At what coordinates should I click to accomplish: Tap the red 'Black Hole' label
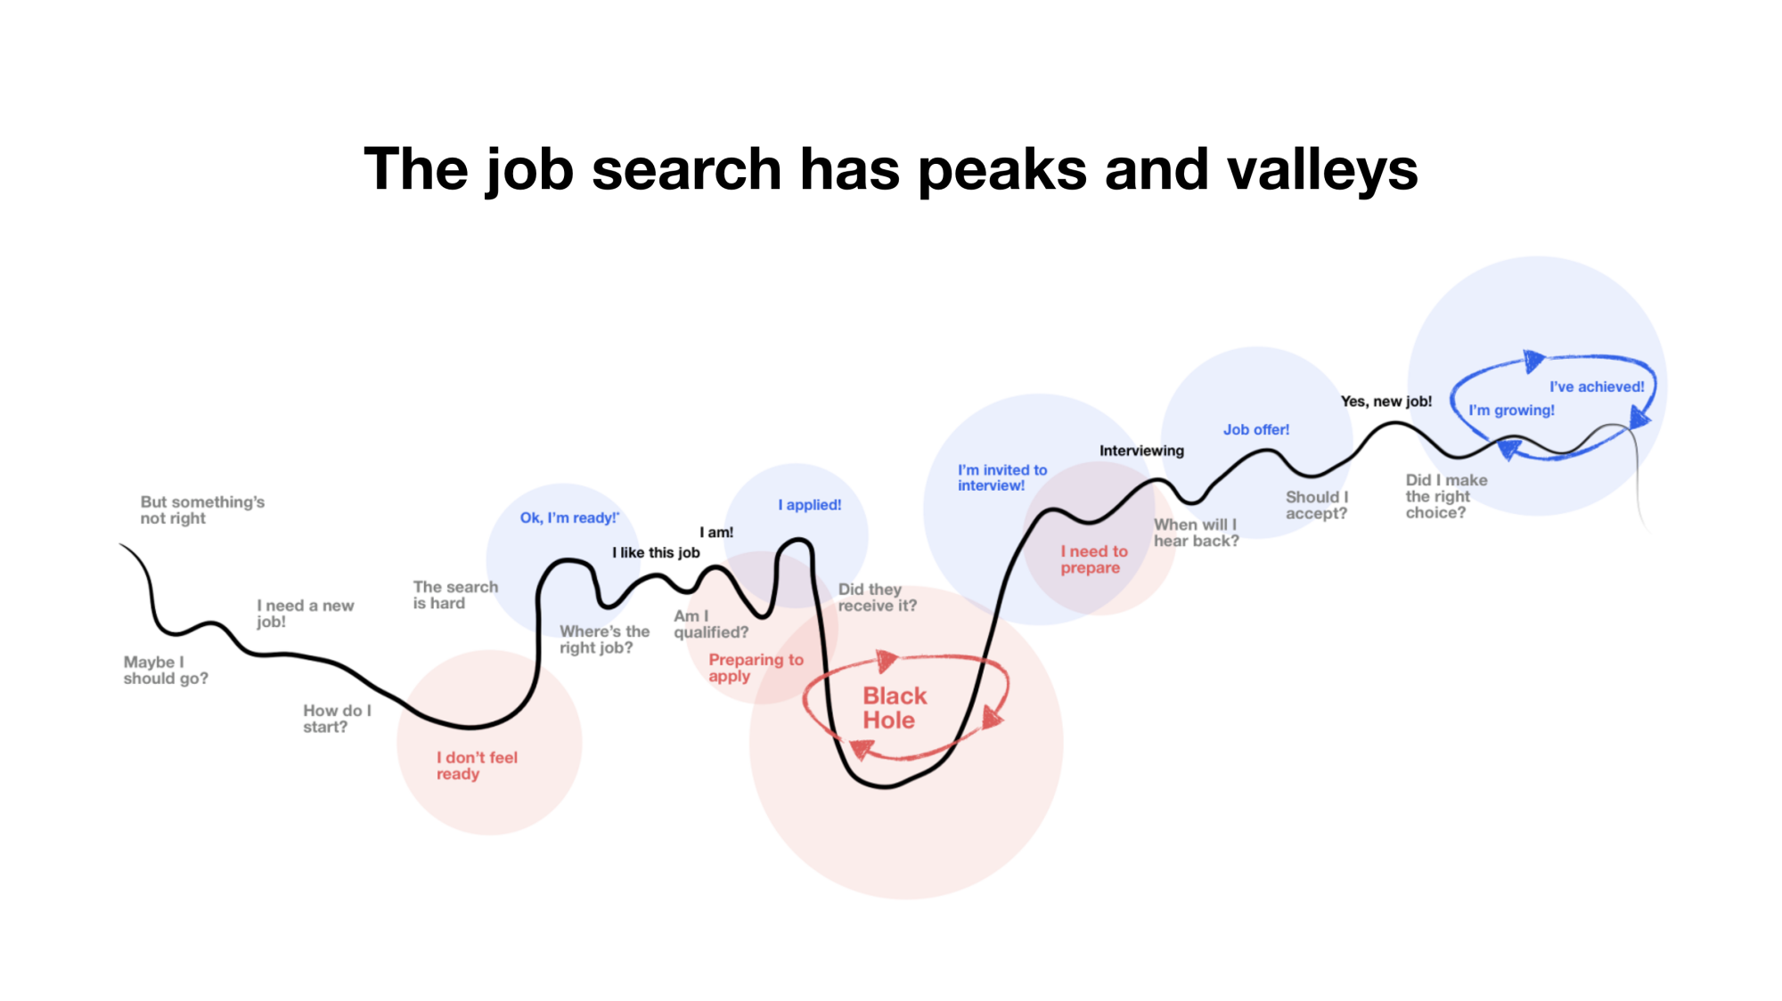[895, 708]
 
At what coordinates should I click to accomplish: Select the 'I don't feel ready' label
[477, 766]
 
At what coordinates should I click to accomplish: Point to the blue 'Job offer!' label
[1256, 429]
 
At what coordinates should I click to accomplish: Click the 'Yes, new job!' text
[1386, 402]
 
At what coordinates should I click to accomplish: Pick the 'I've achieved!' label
[1597, 387]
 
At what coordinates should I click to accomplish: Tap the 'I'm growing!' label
[1511, 411]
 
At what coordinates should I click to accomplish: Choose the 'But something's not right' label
[202, 510]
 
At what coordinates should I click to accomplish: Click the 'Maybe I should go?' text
[166, 671]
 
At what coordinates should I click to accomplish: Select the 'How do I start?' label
[337, 719]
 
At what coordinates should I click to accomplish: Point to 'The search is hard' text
[455, 595]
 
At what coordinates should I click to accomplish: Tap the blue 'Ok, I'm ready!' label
[569, 518]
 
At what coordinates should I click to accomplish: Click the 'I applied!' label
[810, 505]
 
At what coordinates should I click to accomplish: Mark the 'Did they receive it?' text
[878, 598]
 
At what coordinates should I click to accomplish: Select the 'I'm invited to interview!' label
[1002, 477]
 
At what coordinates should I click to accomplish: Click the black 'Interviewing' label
[1141, 451]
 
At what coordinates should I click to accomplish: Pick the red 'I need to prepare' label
[1094, 559]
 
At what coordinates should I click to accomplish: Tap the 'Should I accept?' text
[1317, 505]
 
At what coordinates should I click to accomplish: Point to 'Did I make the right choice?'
[1446, 496]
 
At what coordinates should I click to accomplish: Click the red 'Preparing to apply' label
[756, 668]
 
